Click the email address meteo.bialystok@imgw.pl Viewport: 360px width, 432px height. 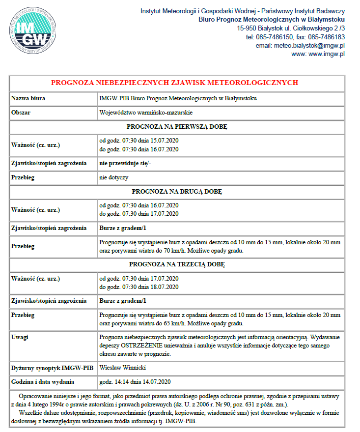point(307,45)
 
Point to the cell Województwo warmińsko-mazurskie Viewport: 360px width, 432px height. point(139,113)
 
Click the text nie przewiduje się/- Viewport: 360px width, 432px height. point(125,163)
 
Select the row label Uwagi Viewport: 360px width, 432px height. point(20,337)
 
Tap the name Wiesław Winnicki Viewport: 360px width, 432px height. point(123,367)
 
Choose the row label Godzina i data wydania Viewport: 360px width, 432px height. point(43,382)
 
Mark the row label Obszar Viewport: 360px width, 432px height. point(21,113)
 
